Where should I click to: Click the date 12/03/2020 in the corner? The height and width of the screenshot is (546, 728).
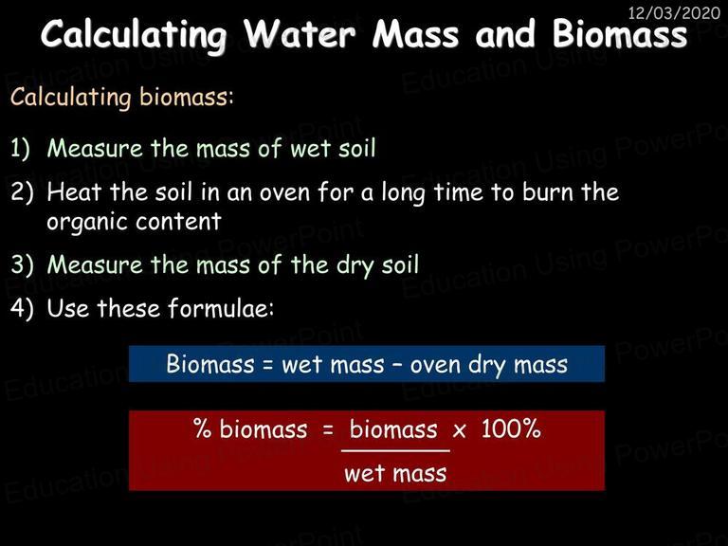pos(674,12)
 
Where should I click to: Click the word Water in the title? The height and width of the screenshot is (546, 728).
pos(300,34)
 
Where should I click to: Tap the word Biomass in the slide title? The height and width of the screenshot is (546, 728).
pos(620,34)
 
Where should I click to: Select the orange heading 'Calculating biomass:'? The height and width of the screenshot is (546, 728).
pos(121,98)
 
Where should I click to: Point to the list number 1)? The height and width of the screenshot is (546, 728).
pos(20,148)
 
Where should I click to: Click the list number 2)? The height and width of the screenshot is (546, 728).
pos(22,191)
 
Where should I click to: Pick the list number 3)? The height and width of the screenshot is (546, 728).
pos(22,264)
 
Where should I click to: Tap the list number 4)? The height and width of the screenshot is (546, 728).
pos(22,308)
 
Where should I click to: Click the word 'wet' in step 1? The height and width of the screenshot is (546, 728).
pos(310,149)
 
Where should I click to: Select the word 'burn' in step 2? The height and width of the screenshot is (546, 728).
pos(547,191)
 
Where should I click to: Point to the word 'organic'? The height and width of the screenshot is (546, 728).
pos(82,223)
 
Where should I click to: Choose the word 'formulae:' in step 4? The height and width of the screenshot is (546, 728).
pos(221,307)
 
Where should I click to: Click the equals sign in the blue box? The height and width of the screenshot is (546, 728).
pos(267,365)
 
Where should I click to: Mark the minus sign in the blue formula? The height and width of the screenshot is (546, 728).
pos(397,365)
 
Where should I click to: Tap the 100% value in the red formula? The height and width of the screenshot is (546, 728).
pos(511,428)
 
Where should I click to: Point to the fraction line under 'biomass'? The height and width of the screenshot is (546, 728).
pos(395,450)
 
